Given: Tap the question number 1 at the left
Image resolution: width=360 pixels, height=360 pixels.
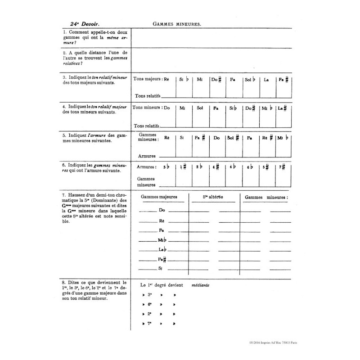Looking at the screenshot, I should (65, 33).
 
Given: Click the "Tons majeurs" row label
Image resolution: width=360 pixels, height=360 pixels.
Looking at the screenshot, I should (148, 79).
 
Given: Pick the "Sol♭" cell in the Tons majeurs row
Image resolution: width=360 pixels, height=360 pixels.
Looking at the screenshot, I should (250, 80).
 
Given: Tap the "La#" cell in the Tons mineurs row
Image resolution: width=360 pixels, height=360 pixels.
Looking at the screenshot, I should (283, 108).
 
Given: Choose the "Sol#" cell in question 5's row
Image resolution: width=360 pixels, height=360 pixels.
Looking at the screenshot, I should (233, 138).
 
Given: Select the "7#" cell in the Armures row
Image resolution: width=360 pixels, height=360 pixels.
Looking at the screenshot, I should (282, 167).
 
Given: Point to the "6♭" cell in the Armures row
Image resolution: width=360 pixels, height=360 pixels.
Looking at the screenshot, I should (250, 167).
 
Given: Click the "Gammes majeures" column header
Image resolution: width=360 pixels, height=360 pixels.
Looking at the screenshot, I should (159, 197).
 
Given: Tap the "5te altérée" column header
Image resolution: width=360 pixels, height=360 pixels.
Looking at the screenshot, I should (213, 197).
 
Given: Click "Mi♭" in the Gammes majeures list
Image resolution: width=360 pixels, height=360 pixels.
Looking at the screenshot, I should (162, 239).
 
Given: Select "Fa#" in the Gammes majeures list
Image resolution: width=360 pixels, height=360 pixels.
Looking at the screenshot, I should (162, 259).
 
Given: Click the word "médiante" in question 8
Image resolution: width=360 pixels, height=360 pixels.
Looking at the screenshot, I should (200, 285).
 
